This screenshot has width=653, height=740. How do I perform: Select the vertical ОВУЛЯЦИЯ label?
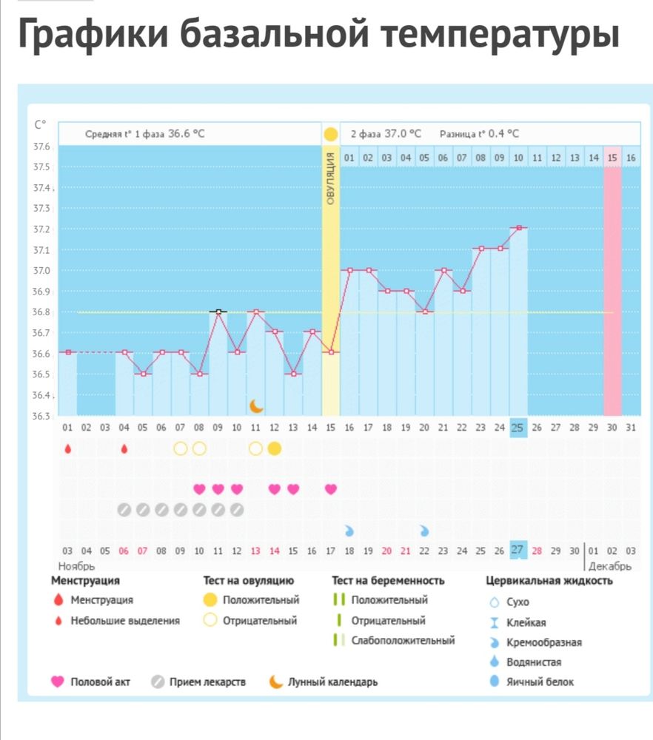point(330,177)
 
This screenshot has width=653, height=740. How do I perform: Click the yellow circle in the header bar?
point(330,134)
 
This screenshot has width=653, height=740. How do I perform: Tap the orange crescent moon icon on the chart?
point(256,406)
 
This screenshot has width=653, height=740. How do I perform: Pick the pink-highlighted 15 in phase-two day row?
point(612,158)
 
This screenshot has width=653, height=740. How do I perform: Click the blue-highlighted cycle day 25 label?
point(518,428)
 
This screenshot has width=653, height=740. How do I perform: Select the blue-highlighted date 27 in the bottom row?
point(518,550)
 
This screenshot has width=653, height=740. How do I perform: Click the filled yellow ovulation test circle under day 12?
point(274,448)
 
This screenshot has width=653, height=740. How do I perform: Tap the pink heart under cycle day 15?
point(330,488)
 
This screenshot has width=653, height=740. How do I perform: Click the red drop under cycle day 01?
point(68,448)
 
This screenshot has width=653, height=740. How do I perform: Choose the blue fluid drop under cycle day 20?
point(424,531)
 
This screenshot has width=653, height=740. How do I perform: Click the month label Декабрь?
point(610,566)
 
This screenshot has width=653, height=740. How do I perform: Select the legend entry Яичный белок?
point(540,682)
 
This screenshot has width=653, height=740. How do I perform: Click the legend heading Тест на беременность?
point(388,581)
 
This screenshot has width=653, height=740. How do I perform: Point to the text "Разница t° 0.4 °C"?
point(479,134)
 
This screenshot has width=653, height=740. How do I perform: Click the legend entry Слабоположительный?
point(403,641)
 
